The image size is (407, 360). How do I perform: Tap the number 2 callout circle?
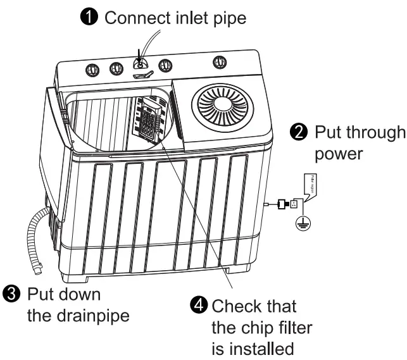coord(297,133)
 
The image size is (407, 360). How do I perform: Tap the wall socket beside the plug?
coord(294,204)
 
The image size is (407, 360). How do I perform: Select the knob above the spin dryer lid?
coord(220,62)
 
